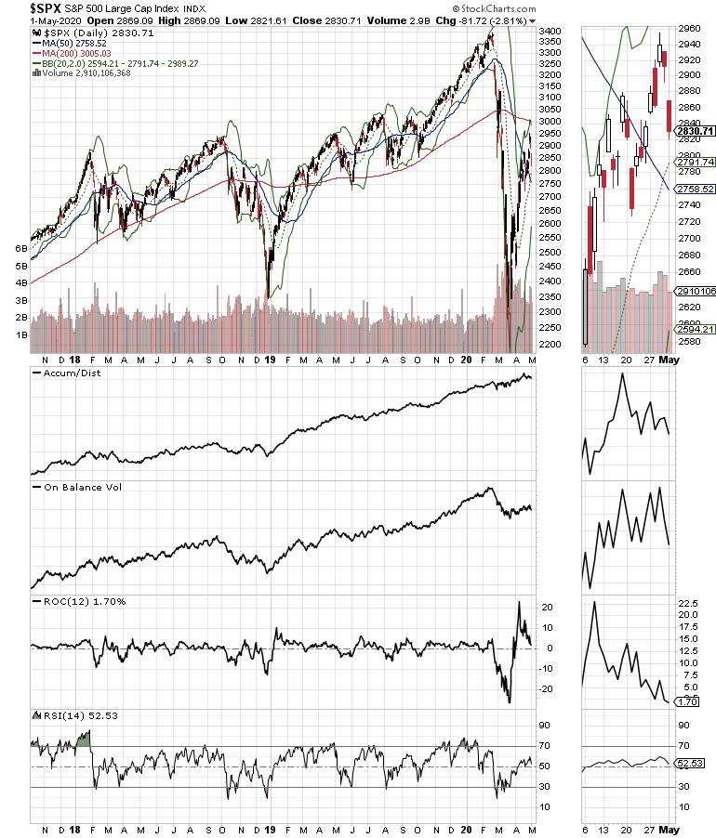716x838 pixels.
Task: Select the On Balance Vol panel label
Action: (x=77, y=487)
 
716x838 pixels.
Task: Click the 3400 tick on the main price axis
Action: (x=550, y=32)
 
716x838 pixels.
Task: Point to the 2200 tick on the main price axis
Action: (x=550, y=345)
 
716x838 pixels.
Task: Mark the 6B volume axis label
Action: (x=20, y=250)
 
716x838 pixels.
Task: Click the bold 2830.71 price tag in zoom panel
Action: (x=695, y=131)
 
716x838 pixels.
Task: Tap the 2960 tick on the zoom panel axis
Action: (x=690, y=28)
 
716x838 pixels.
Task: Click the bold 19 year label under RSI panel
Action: (x=268, y=827)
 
